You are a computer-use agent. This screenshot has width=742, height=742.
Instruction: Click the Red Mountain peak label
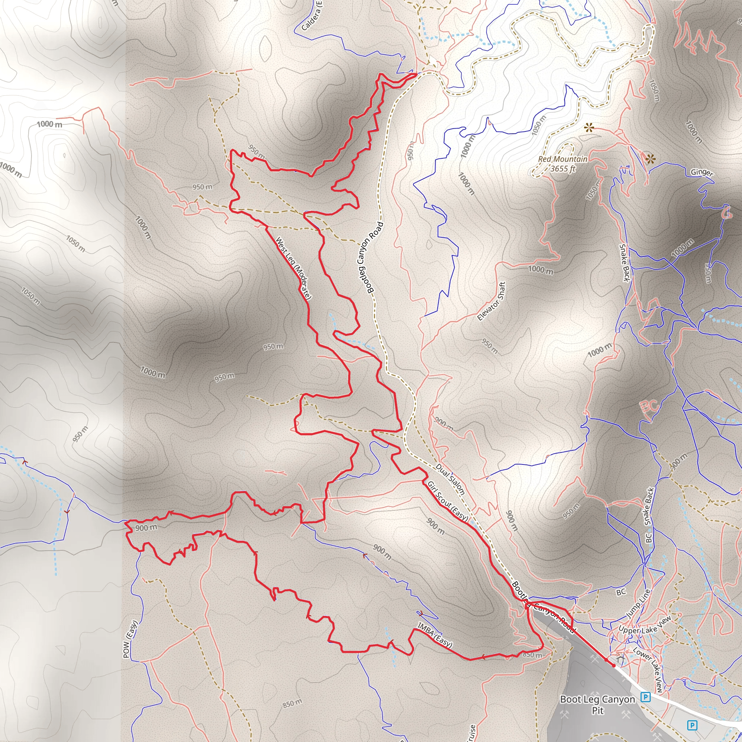tap(562, 159)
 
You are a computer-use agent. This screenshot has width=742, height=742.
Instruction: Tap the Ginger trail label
tap(702, 173)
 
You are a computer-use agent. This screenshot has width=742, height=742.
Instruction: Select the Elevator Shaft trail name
tap(491, 301)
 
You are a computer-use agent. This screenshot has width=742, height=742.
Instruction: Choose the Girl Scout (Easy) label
tap(448, 501)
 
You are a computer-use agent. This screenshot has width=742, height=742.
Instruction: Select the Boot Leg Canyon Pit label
tap(597, 705)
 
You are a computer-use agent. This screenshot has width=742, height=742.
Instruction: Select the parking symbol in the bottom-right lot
tap(692, 725)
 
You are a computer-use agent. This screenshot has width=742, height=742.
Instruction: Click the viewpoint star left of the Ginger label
tap(650, 159)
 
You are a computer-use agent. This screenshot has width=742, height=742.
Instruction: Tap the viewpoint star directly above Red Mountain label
tap(588, 128)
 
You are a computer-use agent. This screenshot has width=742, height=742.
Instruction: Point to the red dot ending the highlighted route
tap(613, 666)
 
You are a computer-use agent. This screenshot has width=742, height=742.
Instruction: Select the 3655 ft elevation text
tap(563, 168)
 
